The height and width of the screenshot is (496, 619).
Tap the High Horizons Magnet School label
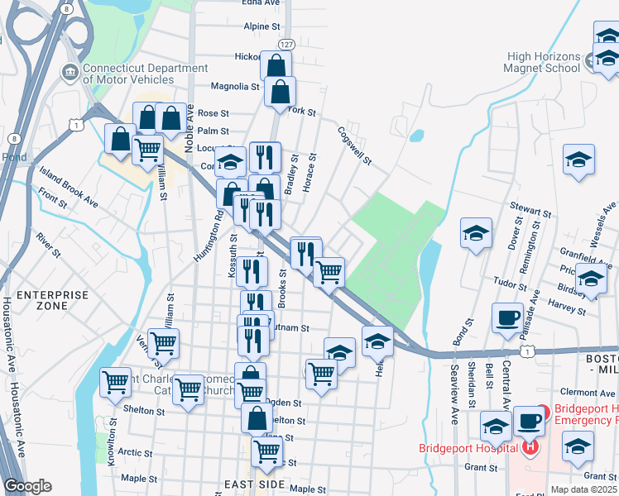(544, 62)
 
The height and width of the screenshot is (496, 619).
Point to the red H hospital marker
(530, 448)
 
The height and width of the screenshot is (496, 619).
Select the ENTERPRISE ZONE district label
(41, 300)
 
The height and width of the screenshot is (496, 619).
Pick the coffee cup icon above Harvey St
(506, 317)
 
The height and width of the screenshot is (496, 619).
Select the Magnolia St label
(235, 86)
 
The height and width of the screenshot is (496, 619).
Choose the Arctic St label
(135, 452)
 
